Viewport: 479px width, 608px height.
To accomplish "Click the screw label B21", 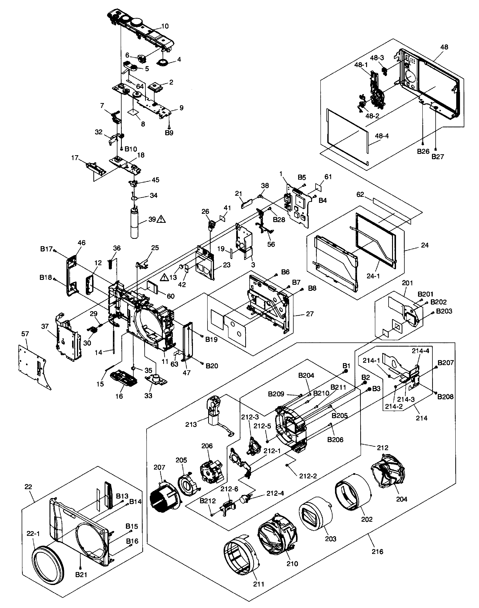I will coord(81,575).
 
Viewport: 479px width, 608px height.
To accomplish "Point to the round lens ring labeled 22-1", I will coord(49,562).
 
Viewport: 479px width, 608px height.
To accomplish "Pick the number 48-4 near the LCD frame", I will coord(382,136).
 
